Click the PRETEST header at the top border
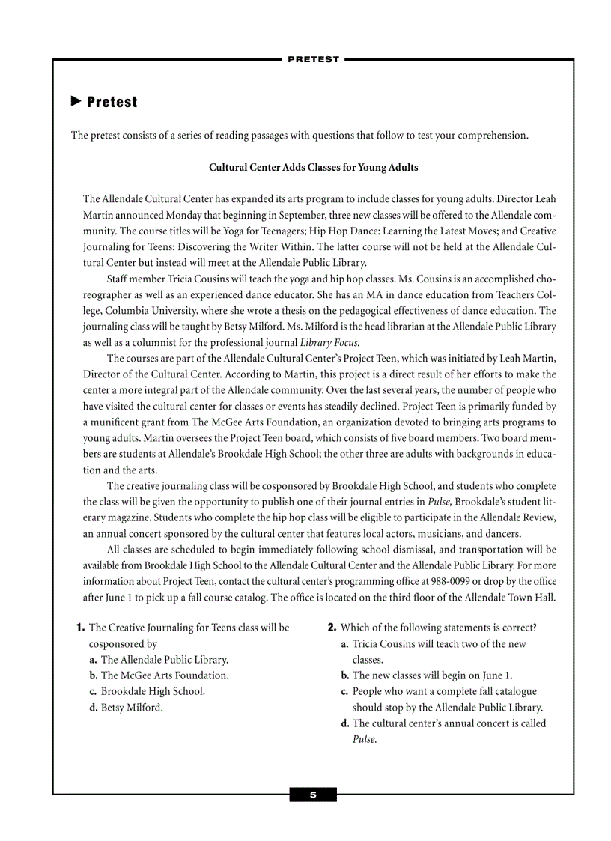click(x=313, y=59)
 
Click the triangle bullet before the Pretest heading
click(x=76, y=101)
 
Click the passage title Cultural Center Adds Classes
click(x=313, y=167)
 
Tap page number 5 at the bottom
click(x=313, y=795)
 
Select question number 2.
click(x=332, y=628)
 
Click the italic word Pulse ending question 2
click(x=364, y=739)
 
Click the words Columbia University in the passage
click(x=146, y=311)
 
